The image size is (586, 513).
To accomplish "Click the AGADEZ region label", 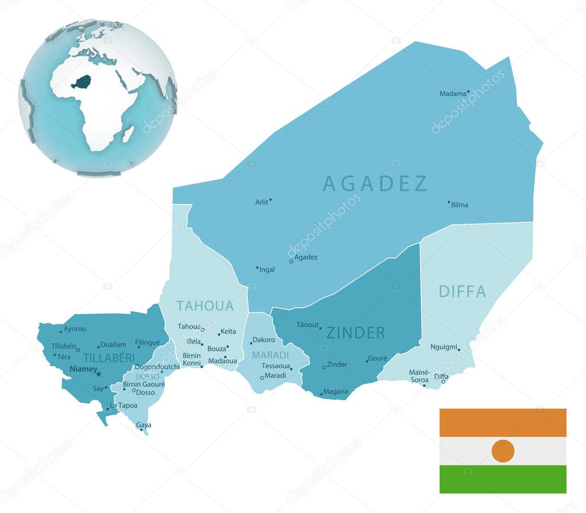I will click(375, 184).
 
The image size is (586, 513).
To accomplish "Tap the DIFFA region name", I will click(462, 292).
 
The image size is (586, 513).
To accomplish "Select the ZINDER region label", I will click(355, 333).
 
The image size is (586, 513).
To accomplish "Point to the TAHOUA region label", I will click(205, 306).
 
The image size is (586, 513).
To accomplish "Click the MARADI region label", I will click(271, 355).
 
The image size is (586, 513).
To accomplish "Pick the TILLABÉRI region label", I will click(109, 358).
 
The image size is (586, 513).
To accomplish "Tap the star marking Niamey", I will click(98, 374).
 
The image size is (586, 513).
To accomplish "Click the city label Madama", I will click(453, 94).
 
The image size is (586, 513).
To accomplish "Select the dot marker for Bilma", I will click(449, 202).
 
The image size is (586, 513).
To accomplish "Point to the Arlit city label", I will click(261, 202).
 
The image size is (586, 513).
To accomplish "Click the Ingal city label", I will click(267, 269).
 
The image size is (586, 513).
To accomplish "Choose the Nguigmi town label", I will click(444, 347).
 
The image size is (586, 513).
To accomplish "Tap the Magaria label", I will click(335, 392).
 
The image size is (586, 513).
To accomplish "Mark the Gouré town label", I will click(378, 359).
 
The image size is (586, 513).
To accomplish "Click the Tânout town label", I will click(307, 325).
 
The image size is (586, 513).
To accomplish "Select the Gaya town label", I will click(144, 425).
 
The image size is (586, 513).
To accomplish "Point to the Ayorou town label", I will click(75, 329).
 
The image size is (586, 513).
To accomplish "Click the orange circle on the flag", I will click(502, 451).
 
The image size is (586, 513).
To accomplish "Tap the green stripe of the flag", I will click(502, 479).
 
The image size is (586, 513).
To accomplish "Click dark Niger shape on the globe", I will click(82, 82).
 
